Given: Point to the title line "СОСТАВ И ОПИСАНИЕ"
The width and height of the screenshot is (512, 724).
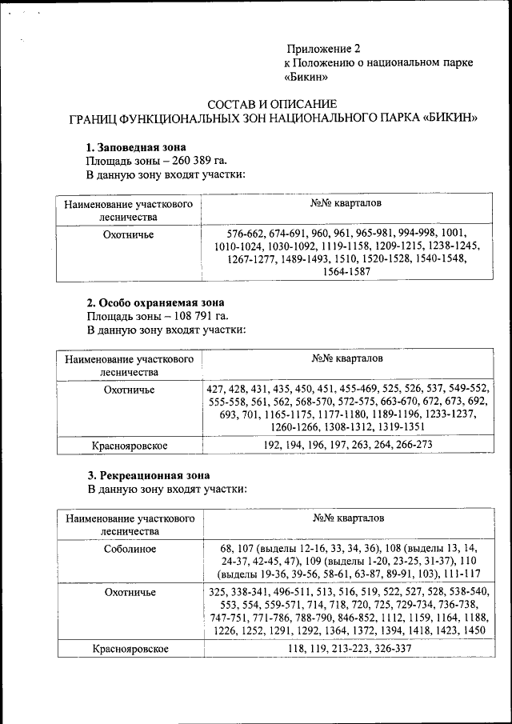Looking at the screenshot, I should click(x=272, y=104).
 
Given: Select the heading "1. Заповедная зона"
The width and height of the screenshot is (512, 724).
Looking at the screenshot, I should click(x=136, y=147).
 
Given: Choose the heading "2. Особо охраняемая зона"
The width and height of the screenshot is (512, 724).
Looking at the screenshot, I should click(x=155, y=302).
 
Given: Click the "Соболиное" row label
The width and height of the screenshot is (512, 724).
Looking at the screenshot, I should click(x=130, y=549).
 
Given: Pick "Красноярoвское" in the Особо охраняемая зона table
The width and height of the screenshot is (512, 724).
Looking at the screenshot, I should click(x=130, y=444).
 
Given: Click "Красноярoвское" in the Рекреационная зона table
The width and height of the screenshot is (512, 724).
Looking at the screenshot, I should click(x=130, y=649).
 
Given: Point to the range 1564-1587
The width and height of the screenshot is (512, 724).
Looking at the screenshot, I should click(x=346, y=272).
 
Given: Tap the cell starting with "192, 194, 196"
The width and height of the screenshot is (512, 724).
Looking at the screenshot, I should click(x=346, y=443).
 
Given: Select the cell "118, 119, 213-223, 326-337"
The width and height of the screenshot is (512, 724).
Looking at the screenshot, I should click(x=346, y=648).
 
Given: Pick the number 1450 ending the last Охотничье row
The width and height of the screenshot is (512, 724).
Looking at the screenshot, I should click(x=474, y=630).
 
